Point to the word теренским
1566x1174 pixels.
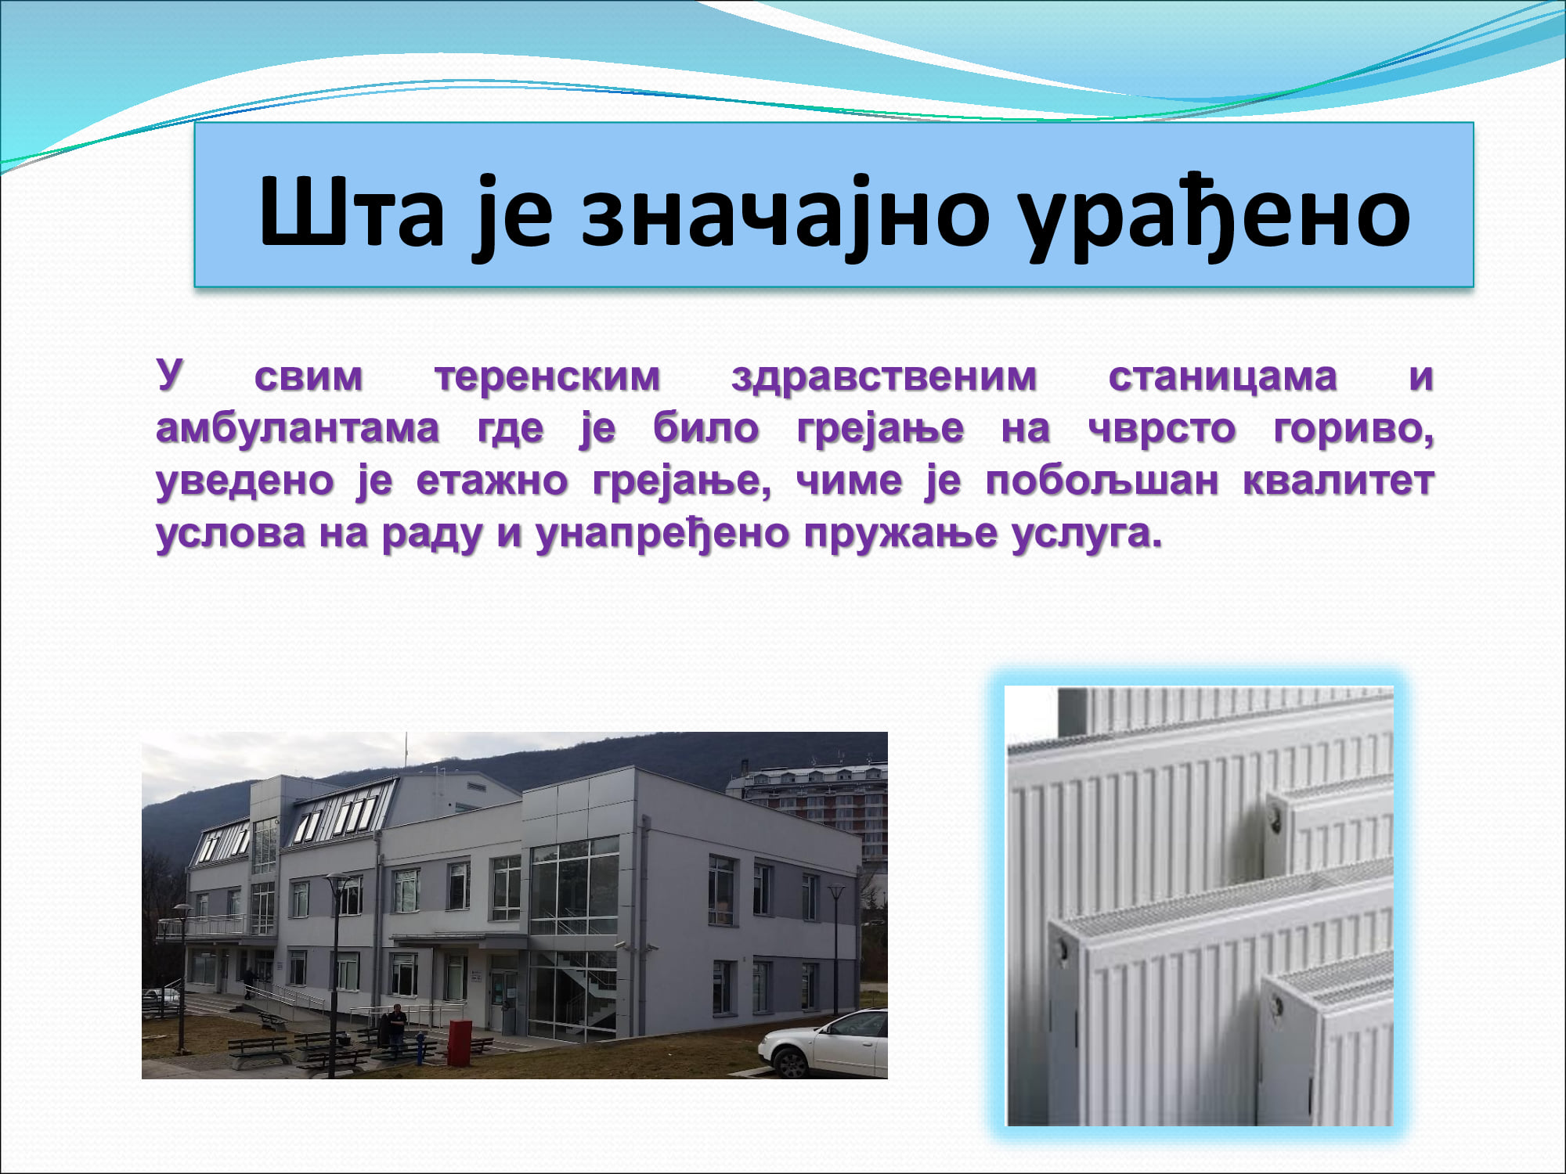click(547, 377)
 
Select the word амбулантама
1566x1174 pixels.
click(298, 428)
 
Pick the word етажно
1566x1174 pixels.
click(492, 481)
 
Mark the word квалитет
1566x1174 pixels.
click(1338, 481)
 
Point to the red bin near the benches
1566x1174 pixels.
click(460, 1042)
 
